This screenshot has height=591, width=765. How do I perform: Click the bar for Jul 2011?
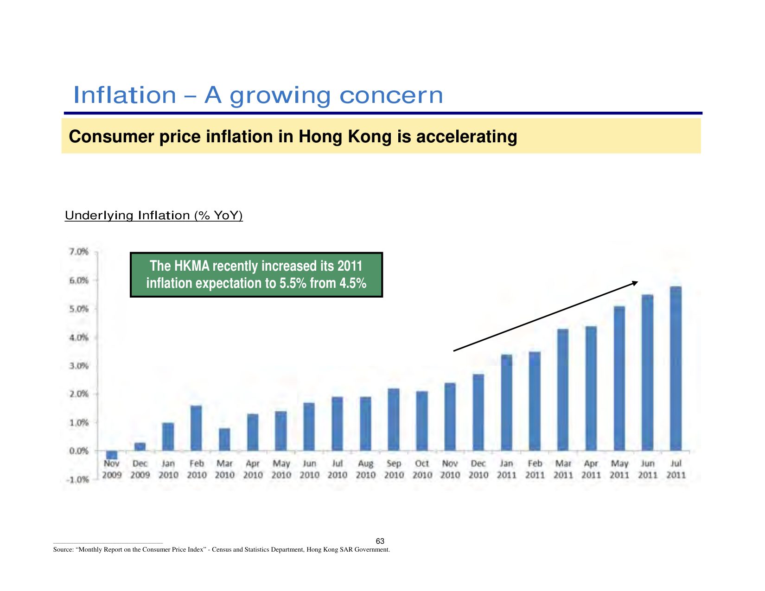tap(676, 369)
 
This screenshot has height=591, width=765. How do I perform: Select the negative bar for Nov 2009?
tap(112, 455)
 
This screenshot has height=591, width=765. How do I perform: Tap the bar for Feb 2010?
tap(196, 428)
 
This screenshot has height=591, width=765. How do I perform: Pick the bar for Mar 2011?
tap(563, 390)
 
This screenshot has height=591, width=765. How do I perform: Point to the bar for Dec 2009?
tap(140, 447)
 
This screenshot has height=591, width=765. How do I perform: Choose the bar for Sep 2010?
tap(394, 419)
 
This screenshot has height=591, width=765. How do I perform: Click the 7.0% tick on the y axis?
tap(79, 252)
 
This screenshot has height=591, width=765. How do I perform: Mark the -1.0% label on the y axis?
tap(77, 479)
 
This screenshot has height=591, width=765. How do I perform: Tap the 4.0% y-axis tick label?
tap(79, 337)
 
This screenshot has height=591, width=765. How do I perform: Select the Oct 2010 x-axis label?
tap(422, 469)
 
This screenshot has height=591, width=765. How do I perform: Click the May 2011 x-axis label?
tap(619, 469)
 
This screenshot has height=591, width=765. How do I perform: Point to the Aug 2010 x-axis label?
tap(365, 469)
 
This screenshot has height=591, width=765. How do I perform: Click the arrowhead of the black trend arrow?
tap(635, 283)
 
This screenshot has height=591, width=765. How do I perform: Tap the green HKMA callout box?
tap(256, 274)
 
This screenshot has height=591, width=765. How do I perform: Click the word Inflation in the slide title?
tap(125, 95)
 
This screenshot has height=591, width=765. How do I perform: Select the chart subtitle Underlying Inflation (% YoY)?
tap(153, 216)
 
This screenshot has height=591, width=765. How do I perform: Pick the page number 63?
tap(380, 541)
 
